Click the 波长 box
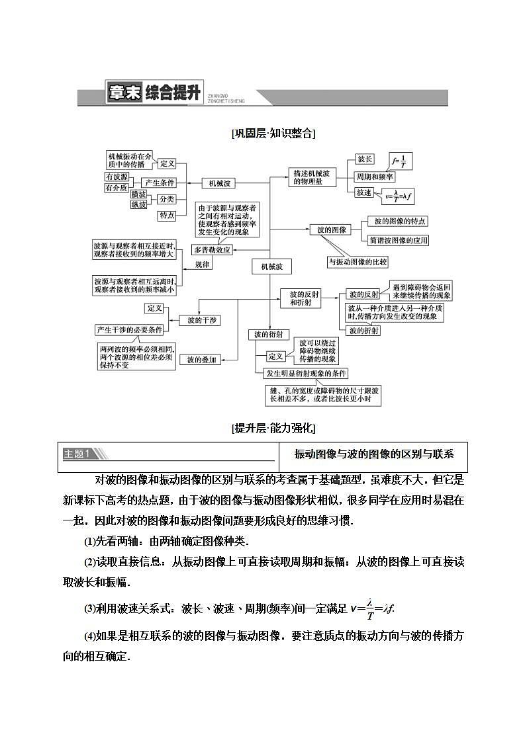[365, 159]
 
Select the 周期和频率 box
[375, 177]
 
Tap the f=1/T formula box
[401, 161]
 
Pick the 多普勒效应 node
[212, 250]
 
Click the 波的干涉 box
[199, 320]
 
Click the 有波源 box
[117, 177]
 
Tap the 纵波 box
[139, 204]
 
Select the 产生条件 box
[160, 183]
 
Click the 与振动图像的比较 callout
[358, 262]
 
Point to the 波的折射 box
[363, 330]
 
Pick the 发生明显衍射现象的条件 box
[306, 374]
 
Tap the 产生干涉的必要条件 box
[129, 330]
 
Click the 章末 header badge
[124, 93]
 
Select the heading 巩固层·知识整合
[273, 133]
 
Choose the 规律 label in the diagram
[203, 264]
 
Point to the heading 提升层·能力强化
[273, 428]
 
